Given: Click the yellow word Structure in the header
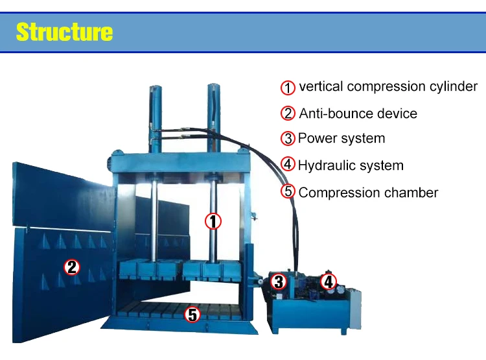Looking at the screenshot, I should (x=64, y=32).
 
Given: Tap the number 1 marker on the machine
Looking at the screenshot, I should (x=213, y=221).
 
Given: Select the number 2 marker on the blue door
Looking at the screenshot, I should (x=72, y=266).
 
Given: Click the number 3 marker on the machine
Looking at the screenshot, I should (x=279, y=282).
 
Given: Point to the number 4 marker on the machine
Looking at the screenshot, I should (x=329, y=282).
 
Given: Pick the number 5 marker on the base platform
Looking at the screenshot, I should (x=192, y=315).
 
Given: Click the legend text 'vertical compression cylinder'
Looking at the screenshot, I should (x=388, y=86).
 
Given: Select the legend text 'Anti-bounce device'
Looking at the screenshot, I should (x=358, y=114).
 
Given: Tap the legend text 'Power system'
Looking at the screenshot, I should (x=341, y=138).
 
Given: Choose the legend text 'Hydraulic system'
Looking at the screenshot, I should (x=351, y=165).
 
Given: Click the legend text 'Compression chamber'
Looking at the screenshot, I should (x=368, y=193).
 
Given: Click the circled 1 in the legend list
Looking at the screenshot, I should (x=288, y=87).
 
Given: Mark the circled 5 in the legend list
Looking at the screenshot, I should (x=288, y=192).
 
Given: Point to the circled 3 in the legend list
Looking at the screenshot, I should (x=288, y=138).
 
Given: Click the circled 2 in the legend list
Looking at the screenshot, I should (x=288, y=114).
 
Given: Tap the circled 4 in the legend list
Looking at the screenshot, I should (x=288, y=165).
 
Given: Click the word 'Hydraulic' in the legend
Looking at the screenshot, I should (x=325, y=165).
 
